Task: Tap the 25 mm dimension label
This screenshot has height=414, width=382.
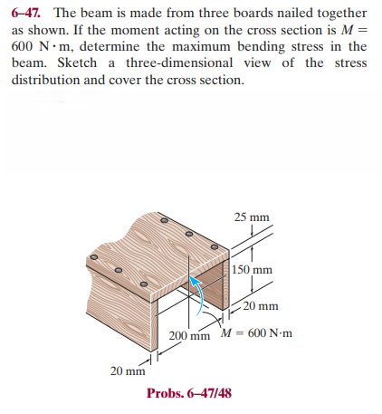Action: tap(252, 218)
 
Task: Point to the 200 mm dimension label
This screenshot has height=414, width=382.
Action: tap(189, 338)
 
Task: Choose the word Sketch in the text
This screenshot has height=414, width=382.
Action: tap(77, 63)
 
